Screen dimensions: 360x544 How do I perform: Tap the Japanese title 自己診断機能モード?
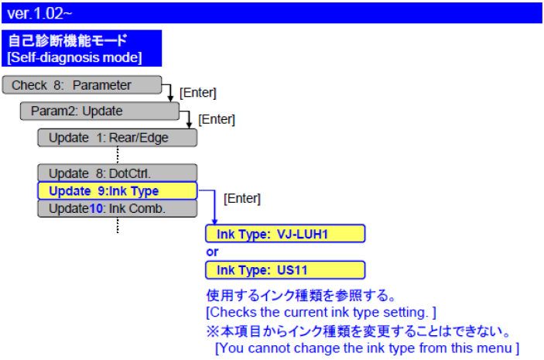68,41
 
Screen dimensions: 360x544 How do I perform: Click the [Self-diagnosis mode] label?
74,57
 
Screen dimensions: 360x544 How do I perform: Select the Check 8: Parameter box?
81,85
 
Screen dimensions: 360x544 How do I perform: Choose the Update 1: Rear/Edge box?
117,138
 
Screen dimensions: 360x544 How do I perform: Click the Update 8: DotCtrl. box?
117,173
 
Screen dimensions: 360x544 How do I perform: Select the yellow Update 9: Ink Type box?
117,190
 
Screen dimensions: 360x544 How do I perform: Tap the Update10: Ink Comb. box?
117,208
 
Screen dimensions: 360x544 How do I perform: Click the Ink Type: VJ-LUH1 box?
285,234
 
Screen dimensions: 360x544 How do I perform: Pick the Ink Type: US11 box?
285,270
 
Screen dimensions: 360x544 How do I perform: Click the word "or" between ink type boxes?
212,252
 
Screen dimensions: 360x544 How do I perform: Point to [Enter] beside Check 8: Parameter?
197,93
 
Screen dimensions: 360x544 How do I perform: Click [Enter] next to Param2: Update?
217,119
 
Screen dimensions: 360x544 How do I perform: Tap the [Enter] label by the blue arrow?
242,199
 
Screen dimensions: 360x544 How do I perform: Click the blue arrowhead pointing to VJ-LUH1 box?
214,221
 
